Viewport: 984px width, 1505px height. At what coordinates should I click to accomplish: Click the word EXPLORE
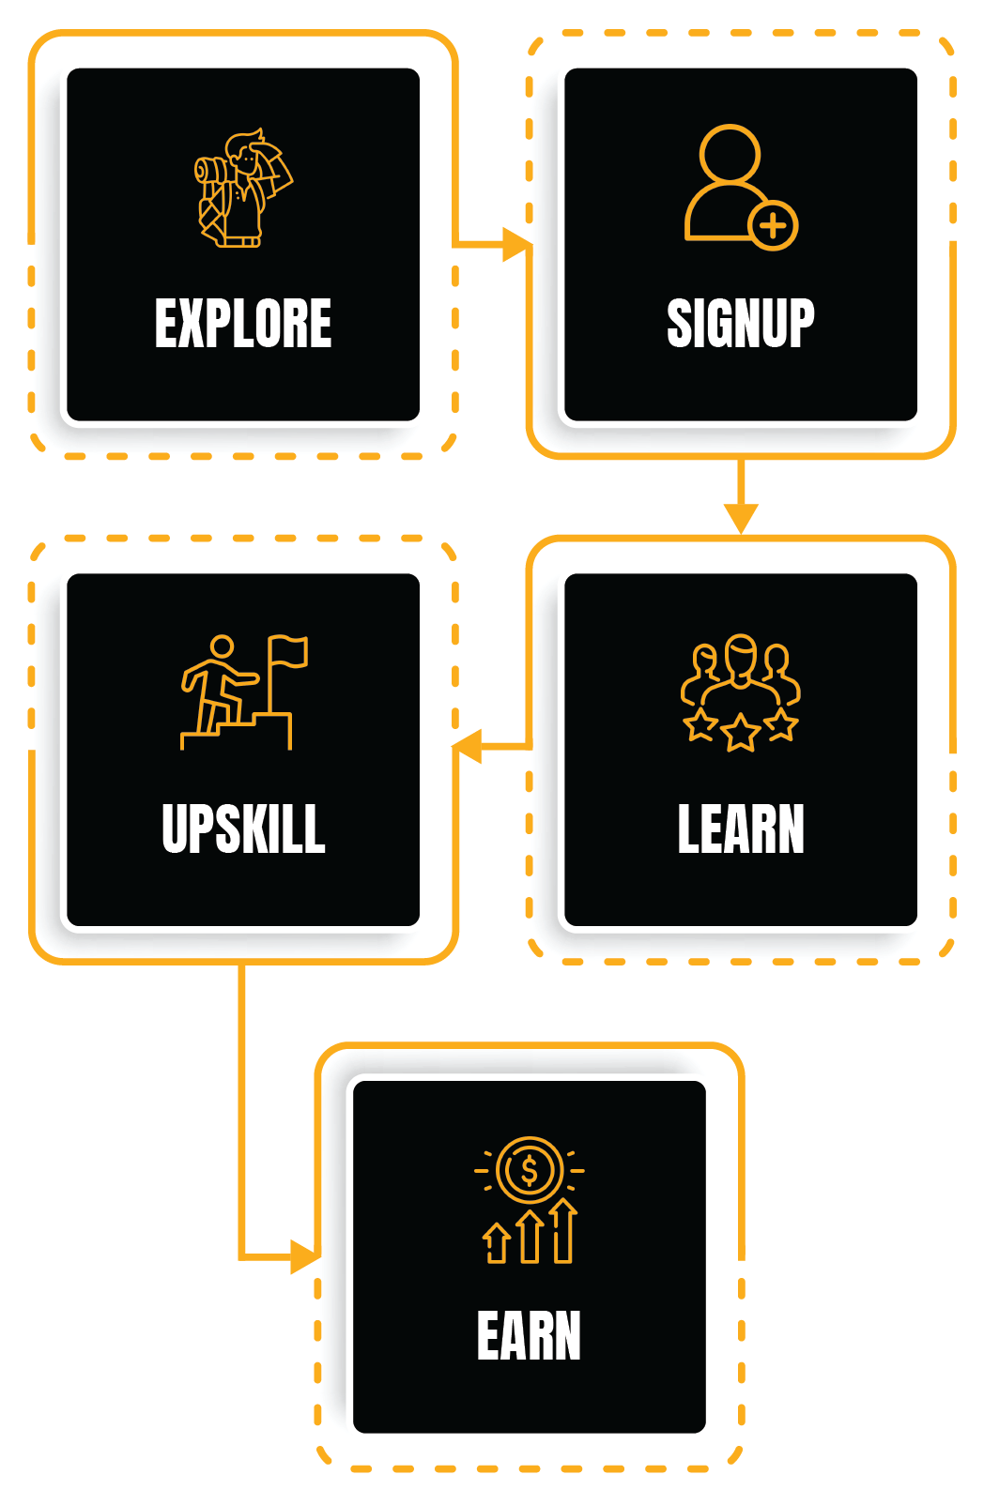coord(243,324)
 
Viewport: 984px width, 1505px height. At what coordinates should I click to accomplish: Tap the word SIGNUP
coord(740,324)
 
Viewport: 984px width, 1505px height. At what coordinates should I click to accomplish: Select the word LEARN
coord(740,829)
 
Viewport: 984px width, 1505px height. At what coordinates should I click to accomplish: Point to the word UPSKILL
coord(243,829)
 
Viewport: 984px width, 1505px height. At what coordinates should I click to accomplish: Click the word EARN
coord(529,1336)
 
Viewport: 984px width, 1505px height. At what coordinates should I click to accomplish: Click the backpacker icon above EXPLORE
coord(243,189)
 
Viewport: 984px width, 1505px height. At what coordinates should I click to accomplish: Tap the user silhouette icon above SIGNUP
coord(728,183)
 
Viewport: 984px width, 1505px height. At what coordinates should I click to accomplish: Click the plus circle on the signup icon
coord(773,225)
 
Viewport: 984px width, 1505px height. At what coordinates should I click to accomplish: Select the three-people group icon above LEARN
coord(740,670)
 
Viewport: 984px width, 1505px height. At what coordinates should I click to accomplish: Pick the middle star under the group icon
coord(740,732)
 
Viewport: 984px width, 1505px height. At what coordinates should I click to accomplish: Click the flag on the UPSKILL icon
coord(288,651)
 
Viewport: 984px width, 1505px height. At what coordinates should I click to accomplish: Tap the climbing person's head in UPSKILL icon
coord(222,647)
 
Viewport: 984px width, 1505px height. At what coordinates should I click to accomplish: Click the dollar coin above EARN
coord(529,1170)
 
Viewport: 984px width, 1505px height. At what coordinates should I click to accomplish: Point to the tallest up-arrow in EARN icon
coord(563,1230)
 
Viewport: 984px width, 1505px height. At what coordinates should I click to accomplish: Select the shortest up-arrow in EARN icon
coord(496,1243)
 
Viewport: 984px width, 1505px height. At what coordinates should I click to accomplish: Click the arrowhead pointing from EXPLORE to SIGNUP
coord(515,245)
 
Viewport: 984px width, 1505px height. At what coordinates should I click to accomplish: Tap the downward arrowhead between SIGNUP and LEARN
coord(740,517)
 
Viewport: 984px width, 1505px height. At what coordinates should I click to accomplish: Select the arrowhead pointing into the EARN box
coord(304,1256)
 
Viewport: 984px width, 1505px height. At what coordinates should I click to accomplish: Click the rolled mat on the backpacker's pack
coord(208,170)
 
